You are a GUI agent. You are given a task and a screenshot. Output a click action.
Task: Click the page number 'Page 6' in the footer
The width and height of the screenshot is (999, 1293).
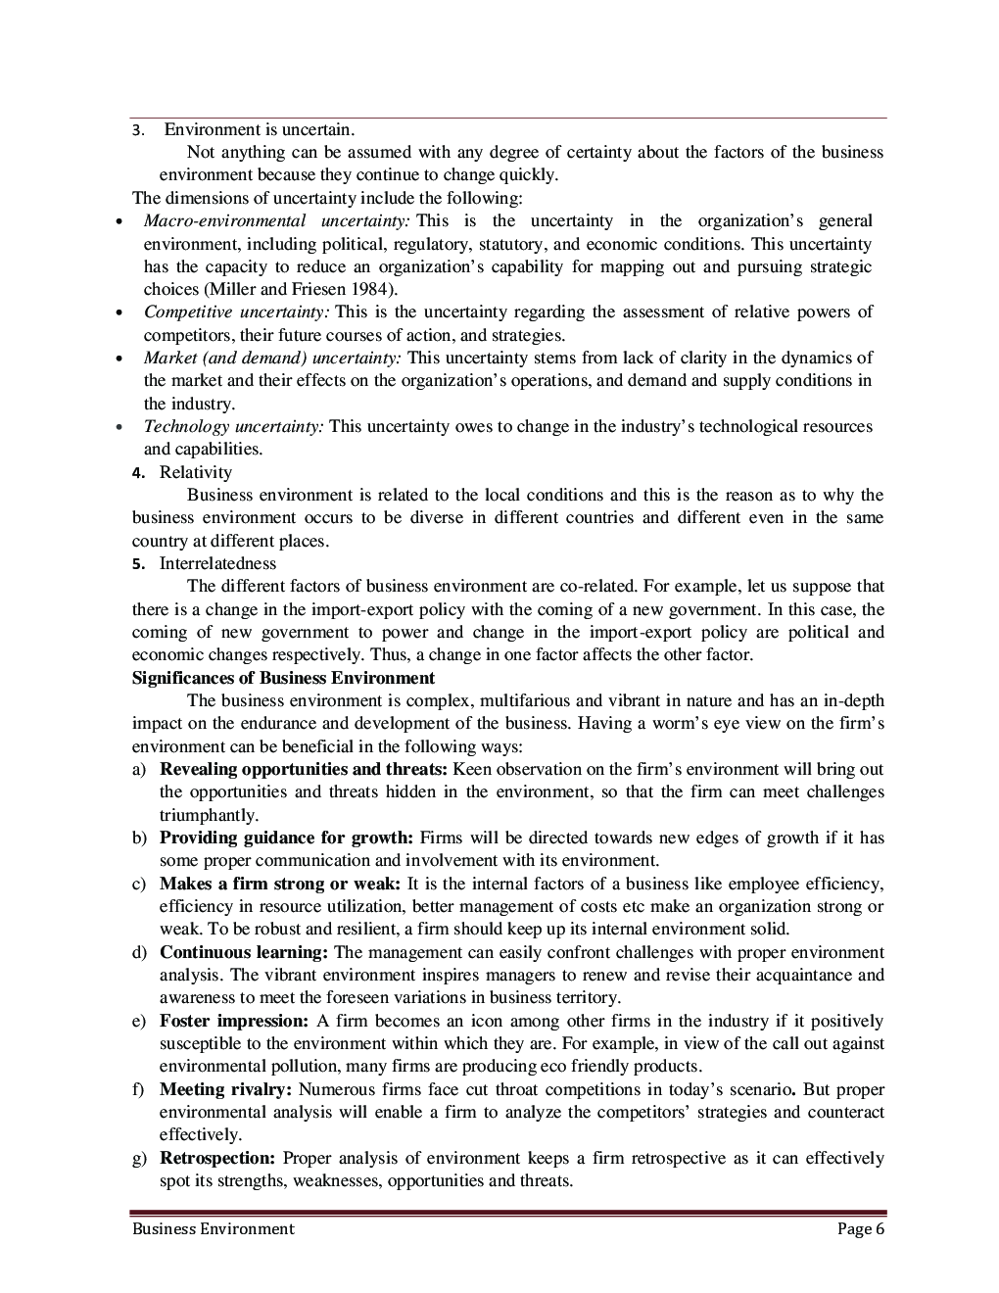point(861,1229)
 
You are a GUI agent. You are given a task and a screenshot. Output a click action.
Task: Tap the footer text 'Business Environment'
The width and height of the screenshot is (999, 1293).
point(213,1229)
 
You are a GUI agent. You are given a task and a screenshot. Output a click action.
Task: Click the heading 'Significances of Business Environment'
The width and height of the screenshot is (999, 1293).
point(283,678)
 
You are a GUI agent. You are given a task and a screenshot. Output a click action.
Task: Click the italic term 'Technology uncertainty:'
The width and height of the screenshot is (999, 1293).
point(234,426)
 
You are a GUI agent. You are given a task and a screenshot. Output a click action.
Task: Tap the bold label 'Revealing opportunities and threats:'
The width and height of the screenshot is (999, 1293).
point(304,769)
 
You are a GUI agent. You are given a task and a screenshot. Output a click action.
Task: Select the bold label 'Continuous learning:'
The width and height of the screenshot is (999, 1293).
point(244,952)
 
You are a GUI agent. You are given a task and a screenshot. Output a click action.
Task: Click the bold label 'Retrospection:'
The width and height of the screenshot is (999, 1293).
point(217,1158)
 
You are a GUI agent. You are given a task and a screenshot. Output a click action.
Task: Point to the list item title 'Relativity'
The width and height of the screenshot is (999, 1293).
point(196,472)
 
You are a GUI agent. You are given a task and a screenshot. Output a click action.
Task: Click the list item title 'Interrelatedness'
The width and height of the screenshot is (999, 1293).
point(217,563)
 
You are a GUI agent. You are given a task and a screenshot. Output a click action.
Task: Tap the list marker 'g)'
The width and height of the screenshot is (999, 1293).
point(139,1158)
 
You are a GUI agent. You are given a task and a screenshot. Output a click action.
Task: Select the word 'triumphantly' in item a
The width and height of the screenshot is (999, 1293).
point(208,815)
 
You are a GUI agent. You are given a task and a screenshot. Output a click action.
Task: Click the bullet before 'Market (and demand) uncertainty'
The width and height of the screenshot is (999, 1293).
point(119,359)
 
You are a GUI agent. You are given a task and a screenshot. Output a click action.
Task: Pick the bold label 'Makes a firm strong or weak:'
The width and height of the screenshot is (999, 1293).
point(280,884)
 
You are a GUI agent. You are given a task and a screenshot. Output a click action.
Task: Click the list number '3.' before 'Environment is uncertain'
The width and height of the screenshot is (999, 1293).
point(138,130)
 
